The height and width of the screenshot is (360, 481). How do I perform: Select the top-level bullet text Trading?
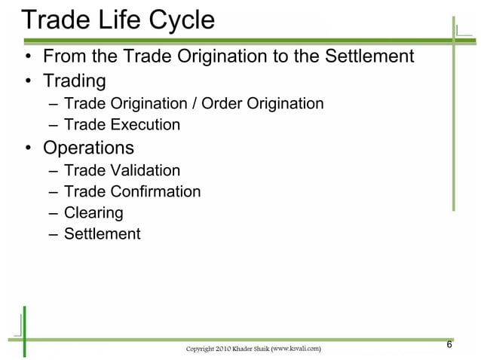pyautogui.click(x=74, y=80)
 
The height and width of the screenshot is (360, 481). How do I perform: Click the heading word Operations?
pyautogui.click(x=88, y=148)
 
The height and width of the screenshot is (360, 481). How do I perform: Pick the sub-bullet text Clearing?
pyautogui.click(x=93, y=212)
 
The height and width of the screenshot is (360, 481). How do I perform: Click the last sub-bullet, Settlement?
pyautogui.click(x=102, y=233)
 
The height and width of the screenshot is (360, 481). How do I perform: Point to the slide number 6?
pyautogui.click(x=449, y=345)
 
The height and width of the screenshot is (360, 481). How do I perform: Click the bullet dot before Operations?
pyautogui.click(x=28, y=148)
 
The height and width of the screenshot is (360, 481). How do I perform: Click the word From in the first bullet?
pyautogui.click(x=63, y=56)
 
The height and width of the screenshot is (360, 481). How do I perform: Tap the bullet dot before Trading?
pyautogui.click(x=28, y=81)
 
